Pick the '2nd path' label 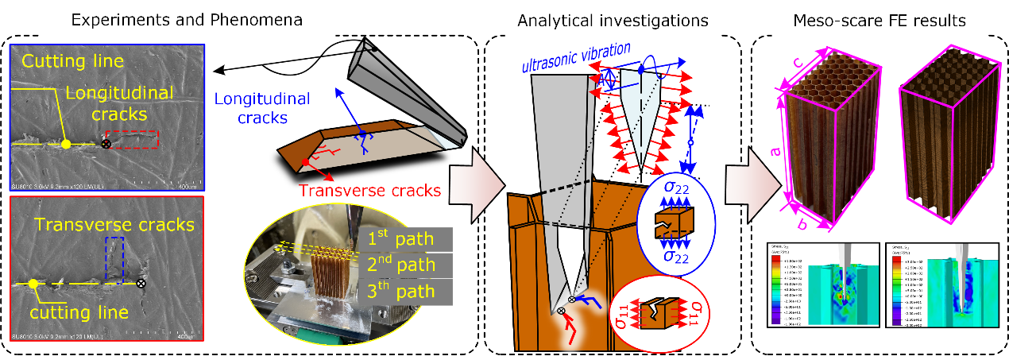click(x=404, y=265)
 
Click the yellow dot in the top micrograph click(x=66, y=144)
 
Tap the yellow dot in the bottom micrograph click(x=33, y=283)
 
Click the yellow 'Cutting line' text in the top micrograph click(x=72, y=61)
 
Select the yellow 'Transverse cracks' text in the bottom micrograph click(x=108, y=224)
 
